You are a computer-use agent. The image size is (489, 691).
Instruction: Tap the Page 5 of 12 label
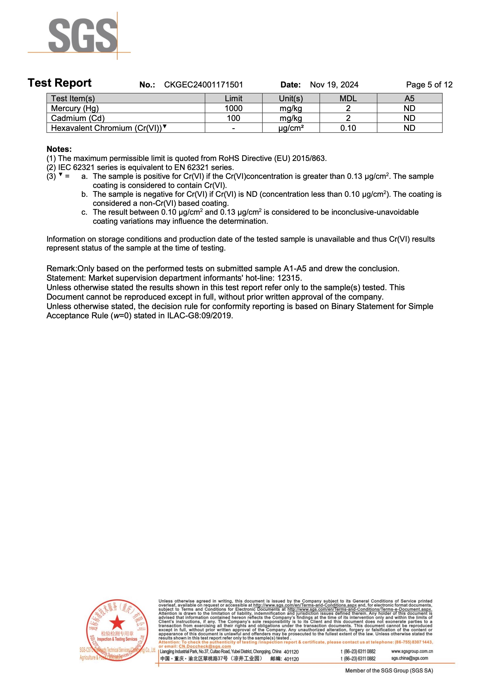pyautogui.click(x=429, y=85)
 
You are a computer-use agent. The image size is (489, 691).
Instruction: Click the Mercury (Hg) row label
pyautogui.click(x=75, y=108)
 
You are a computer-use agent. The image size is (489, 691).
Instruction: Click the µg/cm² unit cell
pyautogui.click(x=291, y=128)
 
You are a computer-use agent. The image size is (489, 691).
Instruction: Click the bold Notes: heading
pyautogui.click(x=59, y=149)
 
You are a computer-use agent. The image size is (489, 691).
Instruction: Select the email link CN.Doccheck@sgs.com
pyautogui.click(x=205, y=646)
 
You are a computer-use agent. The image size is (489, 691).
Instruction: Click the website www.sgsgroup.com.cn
pyautogui.click(x=412, y=651)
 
